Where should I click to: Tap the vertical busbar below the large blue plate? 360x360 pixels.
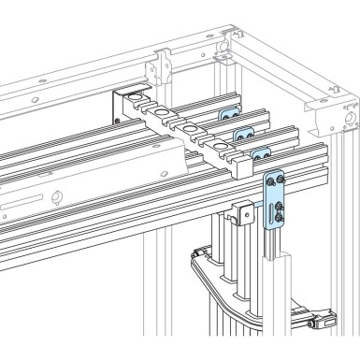click(x=278, y=281)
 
